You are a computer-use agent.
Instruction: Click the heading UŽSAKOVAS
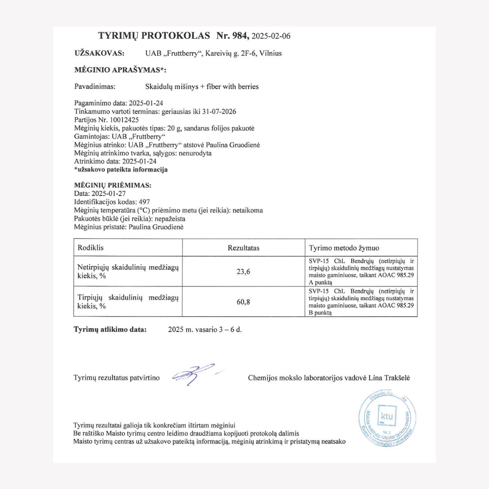click(99, 53)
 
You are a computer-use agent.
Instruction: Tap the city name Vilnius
click(270, 53)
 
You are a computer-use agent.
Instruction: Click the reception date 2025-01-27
click(109, 193)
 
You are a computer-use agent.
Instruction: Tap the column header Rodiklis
click(91, 248)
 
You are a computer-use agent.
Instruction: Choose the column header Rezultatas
click(244, 248)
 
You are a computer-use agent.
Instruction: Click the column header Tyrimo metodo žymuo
click(344, 248)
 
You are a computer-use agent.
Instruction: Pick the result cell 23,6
click(244, 272)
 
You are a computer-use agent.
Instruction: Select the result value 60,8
click(244, 302)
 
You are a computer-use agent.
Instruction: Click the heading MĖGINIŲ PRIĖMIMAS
click(113, 185)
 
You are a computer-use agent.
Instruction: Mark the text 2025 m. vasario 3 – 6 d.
click(205, 330)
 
